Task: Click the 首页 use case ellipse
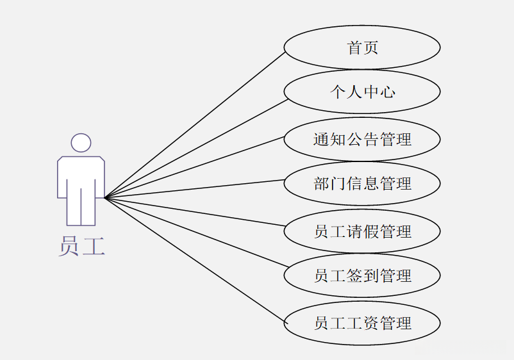click(362, 47)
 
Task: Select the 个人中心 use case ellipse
click(362, 92)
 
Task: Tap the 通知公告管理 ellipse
click(362, 139)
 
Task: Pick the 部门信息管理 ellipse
click(362, 184)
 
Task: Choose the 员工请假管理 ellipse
click(362, 231)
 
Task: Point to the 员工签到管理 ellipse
click(362, 276)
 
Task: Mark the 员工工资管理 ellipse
click(362, 323)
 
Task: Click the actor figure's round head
click(81, 142)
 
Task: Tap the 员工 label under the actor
click(81, 246)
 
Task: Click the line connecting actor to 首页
click(195, 124)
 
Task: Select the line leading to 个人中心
click(195, 148)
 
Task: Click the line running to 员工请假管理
click(195, 211)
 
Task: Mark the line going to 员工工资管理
click(195, 259)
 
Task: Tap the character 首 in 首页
click(354, 47)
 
